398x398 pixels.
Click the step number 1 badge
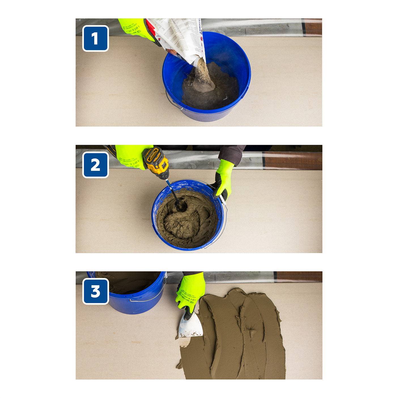[x=95, y=39]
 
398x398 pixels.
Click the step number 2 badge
[x=95, y=165]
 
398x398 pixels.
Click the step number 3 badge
[x=95, y=291]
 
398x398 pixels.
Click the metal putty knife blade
[x=190, y=326]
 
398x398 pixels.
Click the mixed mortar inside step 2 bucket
[x=187, y=221]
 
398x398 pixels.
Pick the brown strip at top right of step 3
[x=299, y=277]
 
